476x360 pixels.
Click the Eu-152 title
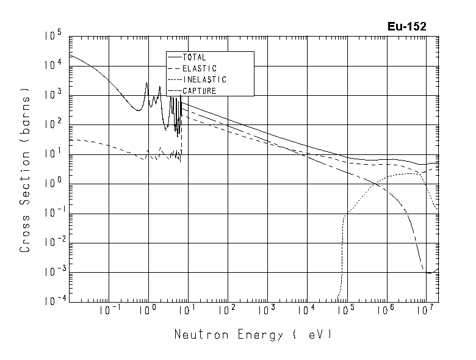coord(406,26)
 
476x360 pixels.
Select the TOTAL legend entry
coord(195,57)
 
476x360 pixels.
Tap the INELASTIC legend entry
coord(204,80)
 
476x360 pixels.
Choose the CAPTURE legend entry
coord(200,91)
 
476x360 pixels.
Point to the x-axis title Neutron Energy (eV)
coord(253,335)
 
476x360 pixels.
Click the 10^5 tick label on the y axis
coord(53,37)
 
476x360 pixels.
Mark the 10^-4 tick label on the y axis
coord(51,301)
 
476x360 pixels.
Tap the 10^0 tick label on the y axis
coord(53,184)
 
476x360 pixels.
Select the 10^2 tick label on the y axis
coord(53,126)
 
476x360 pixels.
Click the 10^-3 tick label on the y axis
coord(51,272)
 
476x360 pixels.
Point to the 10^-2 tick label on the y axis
coord(51,243)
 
